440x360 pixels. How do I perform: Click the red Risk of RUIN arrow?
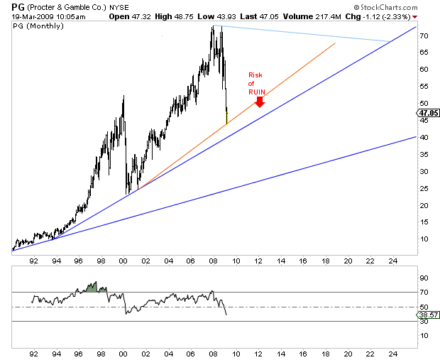point(260,102)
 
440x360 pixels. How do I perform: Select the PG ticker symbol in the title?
point(9,5)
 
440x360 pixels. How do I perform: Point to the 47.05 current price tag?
point(428,112)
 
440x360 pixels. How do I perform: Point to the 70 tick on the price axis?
point(423,36)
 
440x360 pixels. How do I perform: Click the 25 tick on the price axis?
point(423,188)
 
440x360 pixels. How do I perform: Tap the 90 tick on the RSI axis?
point(423,278)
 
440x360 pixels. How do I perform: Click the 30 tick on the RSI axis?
point(423,322)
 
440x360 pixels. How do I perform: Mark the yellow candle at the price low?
point(226,115)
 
